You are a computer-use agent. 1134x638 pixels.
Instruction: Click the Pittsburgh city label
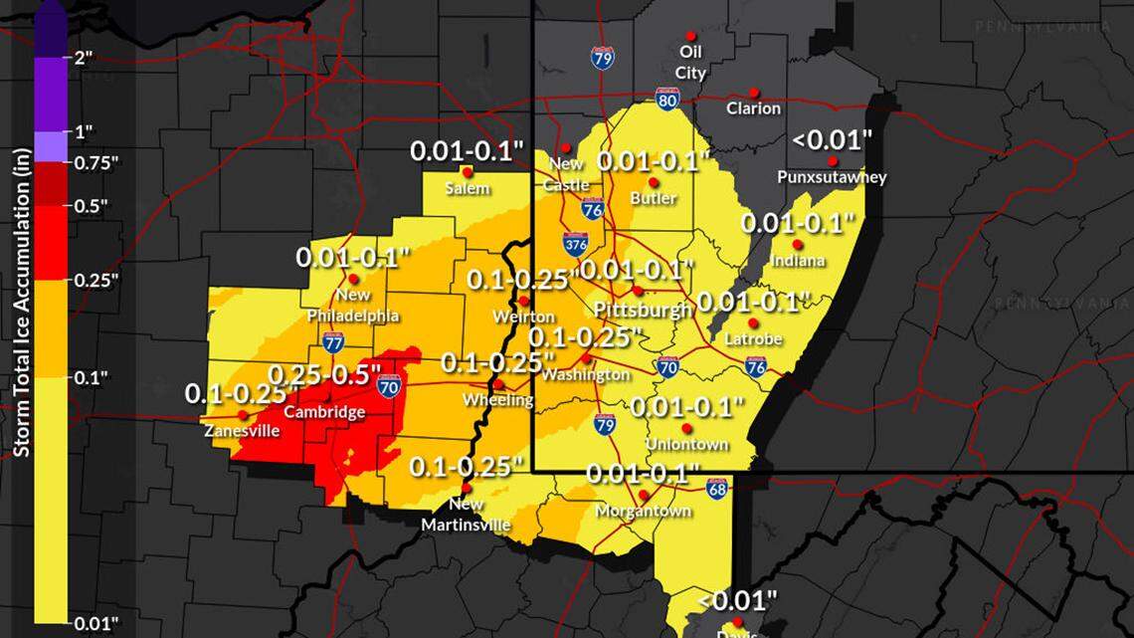coord(642,310)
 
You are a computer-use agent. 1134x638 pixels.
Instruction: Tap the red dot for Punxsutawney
coord(832,161)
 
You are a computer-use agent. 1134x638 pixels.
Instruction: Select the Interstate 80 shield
coord(667,98)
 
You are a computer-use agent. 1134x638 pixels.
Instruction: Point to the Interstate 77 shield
coord(333,343)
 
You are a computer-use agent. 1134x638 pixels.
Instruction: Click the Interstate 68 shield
coord(717,488)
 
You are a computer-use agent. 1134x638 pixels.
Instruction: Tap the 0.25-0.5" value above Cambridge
coord(325,374)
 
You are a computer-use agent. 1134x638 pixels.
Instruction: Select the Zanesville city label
coord(242,431)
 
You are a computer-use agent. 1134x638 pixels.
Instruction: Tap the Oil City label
coord(690,61)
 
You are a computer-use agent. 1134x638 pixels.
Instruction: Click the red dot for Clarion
coord(754,90)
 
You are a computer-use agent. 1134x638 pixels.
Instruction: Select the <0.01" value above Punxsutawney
coord(832,138)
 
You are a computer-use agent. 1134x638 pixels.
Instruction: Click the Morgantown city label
coord(643,511)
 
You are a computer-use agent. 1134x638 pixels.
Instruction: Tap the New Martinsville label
coord(466,515)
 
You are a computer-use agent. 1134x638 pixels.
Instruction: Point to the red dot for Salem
coord(467,171)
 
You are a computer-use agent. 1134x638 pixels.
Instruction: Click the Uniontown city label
coord(686,444)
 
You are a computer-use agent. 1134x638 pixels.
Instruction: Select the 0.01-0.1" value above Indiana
coord(799,223)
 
